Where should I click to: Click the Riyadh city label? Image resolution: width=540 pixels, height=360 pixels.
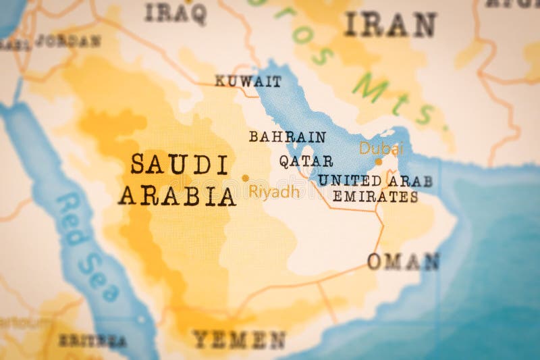tap(273, 192)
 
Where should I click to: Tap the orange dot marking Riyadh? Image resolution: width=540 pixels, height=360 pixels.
tap(245, 178)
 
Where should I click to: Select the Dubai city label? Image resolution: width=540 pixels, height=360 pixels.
tap(381, 148)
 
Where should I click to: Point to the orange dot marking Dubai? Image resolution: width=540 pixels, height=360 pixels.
tap(378, 162)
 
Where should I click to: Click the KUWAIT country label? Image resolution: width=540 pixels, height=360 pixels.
tap(248, 82)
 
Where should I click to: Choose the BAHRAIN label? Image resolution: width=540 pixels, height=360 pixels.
tap(287, 137)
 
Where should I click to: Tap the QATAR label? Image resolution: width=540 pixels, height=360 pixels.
tap(306, 161)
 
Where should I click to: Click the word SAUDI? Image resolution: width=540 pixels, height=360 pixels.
tap(179, 164)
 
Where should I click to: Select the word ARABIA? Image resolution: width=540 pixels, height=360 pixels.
tap(177, 196)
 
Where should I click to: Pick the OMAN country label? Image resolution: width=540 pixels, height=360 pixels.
tap(403, 261)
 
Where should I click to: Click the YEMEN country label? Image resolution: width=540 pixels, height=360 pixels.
tap(238, 339)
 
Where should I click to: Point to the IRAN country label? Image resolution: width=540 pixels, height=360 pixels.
tap(389, 25)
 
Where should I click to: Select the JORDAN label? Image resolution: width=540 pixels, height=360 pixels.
tap(67, 41)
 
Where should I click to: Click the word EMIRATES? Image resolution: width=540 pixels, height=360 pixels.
tap(375, 197)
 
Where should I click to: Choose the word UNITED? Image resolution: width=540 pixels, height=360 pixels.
tap(350, 180)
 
